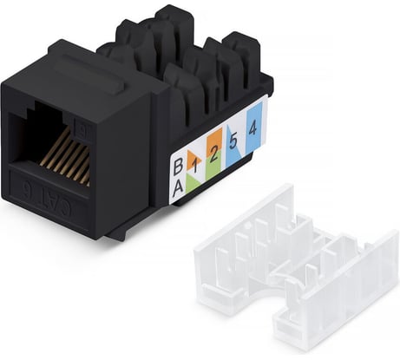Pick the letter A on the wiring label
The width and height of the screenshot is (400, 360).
(178, 187)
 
